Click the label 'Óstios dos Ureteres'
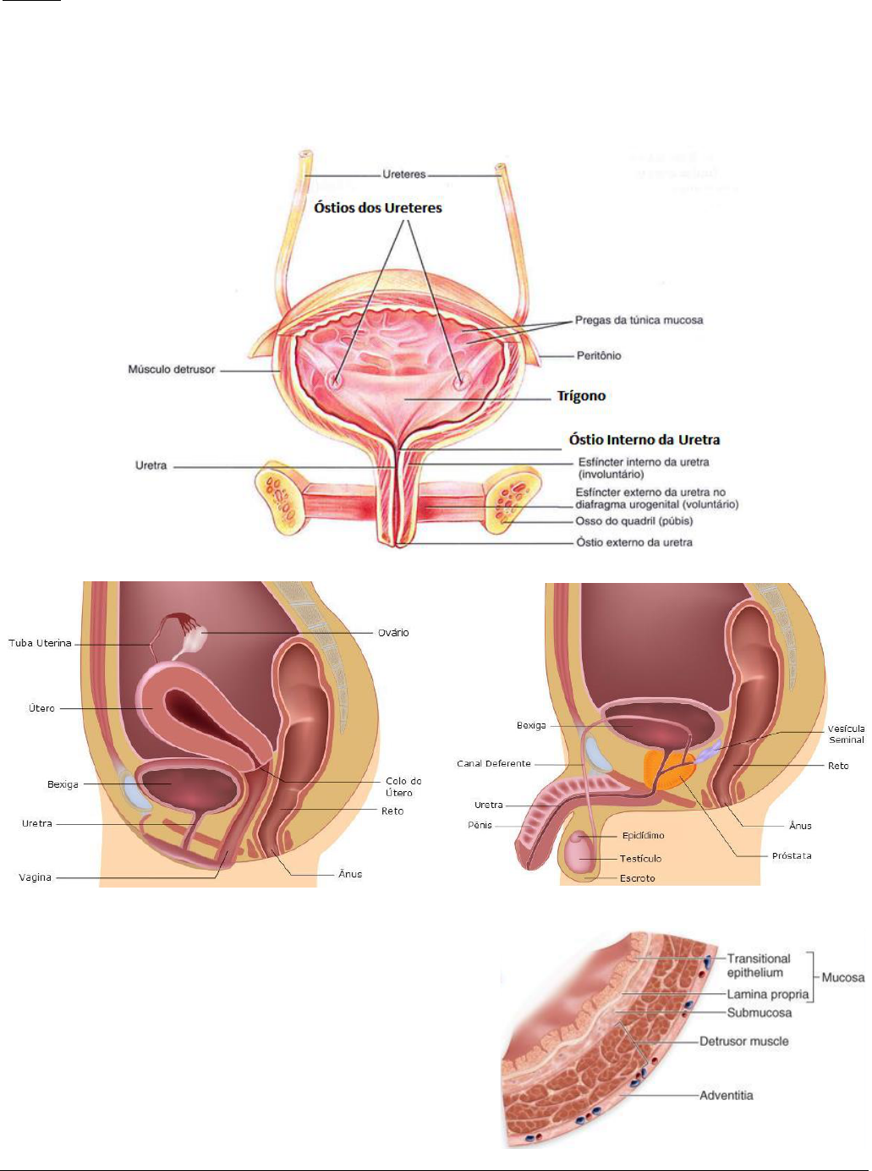(x=378, y=207)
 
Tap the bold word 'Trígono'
(x=581, y=396)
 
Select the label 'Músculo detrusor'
(x=172, y=370)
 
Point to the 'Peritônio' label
(x=599, y=355)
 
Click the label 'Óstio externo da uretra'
(x=634, y=542)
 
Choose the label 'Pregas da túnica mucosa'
(x=639, y=320)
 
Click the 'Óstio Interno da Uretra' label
(x=644, y=440)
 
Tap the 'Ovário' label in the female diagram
(x=393, y=633)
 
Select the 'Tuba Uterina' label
(x=40, y=644)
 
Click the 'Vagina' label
(x=36, y=877)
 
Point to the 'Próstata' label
(x=792, y=856)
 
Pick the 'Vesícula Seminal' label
(x=847, y=734)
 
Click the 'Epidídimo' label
(x=644, y=836)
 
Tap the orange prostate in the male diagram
(x=664, y=771)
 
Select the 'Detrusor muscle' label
(x=743, y=1042)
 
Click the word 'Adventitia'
(x=726, y=1096)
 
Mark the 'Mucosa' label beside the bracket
(x=842, y=978)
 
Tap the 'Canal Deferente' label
(x=494, y=764)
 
